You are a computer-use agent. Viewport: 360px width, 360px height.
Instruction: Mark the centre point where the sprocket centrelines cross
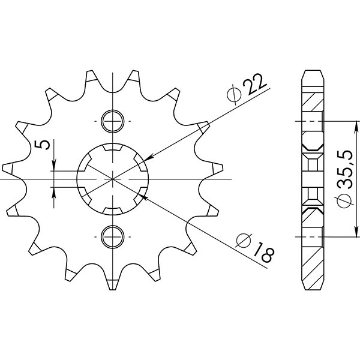pos(113,179)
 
